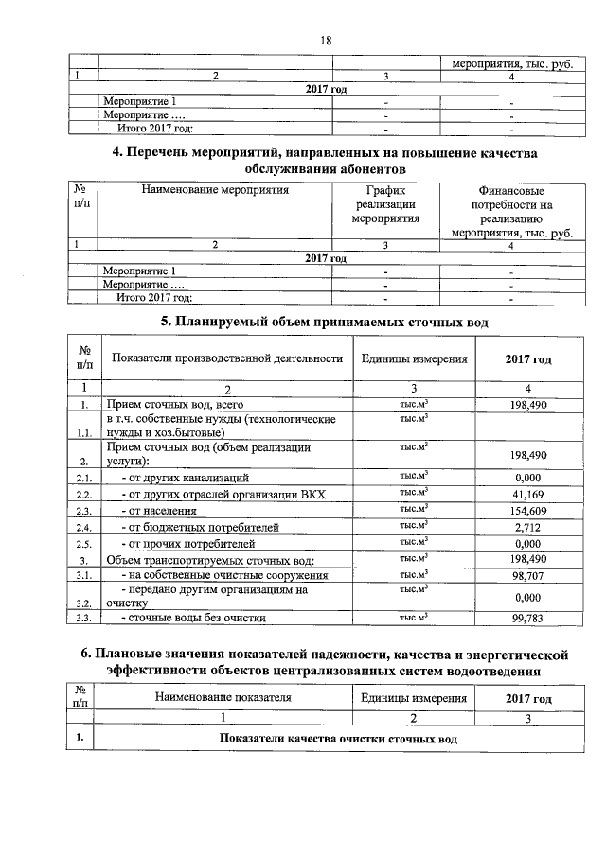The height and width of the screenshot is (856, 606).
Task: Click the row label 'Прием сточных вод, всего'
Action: click(x=169, y=406)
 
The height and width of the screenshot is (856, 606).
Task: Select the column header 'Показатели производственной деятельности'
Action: click(x=226, y=358)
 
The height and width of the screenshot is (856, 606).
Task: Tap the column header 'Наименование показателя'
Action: click(x=223, y=698)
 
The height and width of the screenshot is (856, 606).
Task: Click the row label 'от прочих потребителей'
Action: click(x=188, y=544)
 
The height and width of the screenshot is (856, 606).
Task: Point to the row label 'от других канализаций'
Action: click(x=186, y=478)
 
